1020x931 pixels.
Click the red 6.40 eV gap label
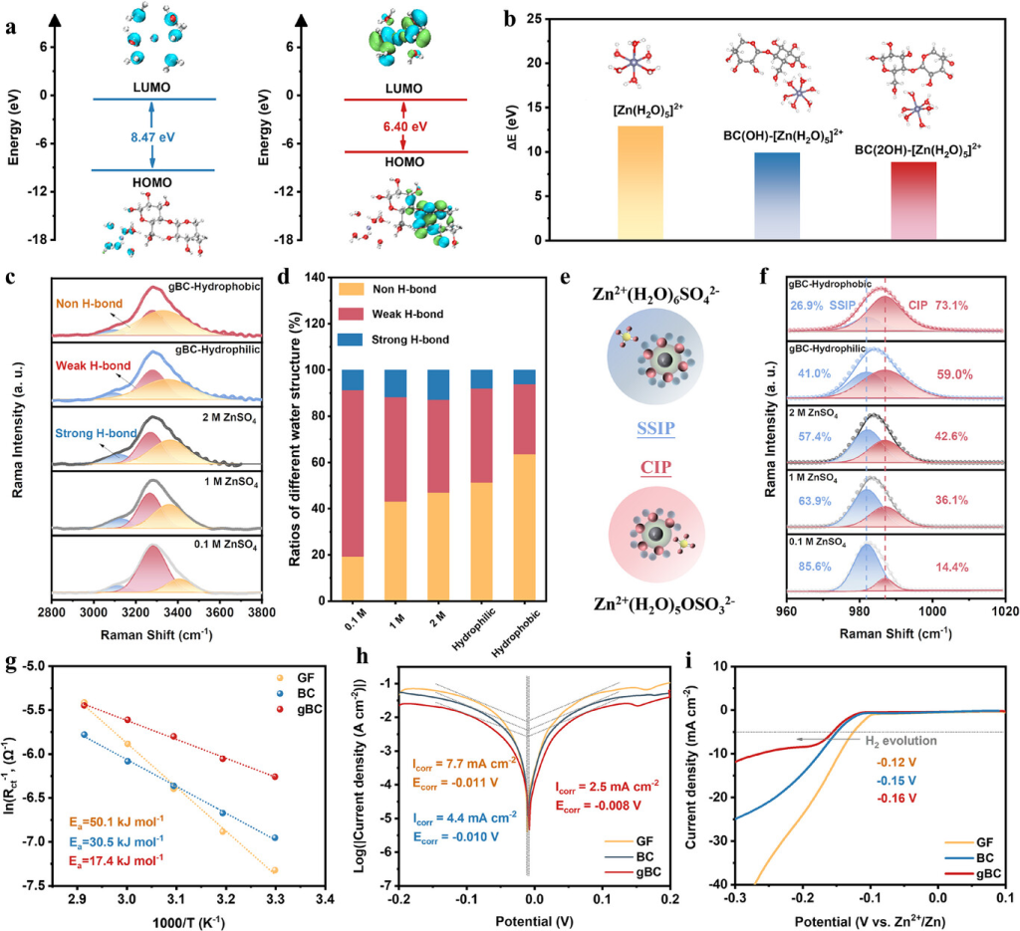(404, 127)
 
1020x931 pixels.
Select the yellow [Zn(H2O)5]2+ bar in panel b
(634, 183)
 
